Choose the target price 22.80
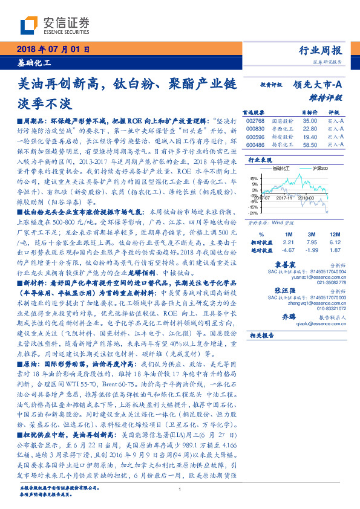tap(309, 129)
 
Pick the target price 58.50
tap(309, 146)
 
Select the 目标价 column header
tap(309, 112)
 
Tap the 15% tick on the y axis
tap(252, 179)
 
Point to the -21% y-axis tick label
tap(252, 213)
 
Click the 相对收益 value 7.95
tap(312, 241)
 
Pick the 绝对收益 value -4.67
tap(289, 249)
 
